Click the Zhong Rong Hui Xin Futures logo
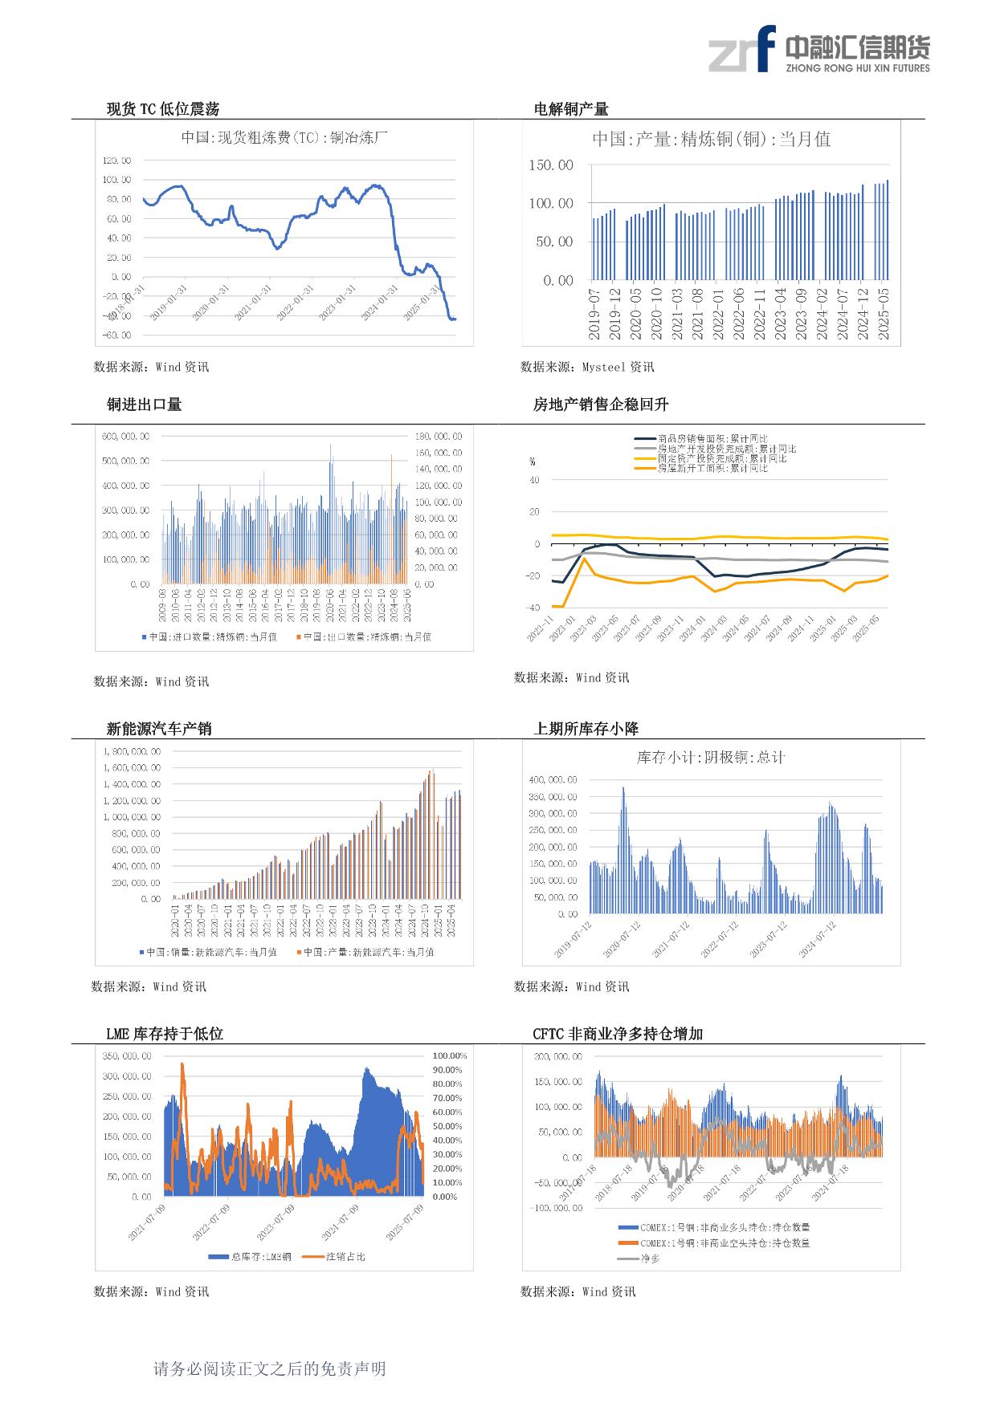coord(818,50)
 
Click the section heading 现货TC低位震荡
coord(163,109)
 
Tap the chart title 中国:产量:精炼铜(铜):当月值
coord(711,139)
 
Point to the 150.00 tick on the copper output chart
coord(551,165)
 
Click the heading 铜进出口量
coord(145,405)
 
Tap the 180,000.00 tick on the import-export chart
coord(438,436)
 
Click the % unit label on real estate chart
coord(532,462)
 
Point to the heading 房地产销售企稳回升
coord(601,405)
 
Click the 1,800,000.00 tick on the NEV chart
coord(132,751)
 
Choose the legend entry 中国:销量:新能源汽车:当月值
coord(211,952)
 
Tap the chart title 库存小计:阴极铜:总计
coord(710,757)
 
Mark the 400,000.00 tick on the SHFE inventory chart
coord(553,779)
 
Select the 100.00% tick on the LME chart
coord(450,1055)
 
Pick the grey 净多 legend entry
coord(649,1258)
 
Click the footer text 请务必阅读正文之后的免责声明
coord(270,1368)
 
